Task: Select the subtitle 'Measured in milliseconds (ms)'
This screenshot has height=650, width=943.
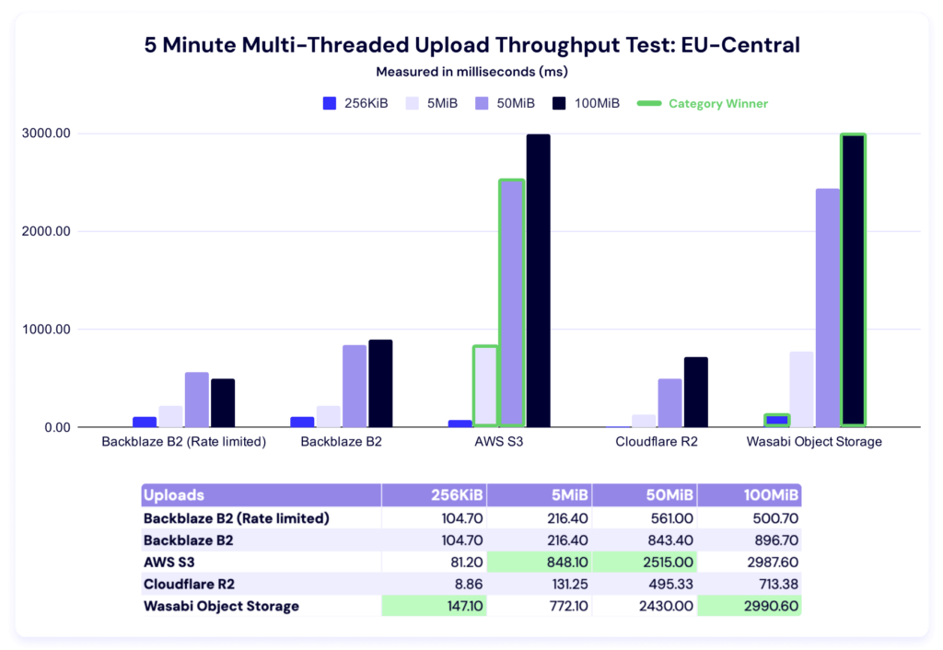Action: [x=471, y=72]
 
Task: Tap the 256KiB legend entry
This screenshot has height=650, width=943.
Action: [x=355, y=104]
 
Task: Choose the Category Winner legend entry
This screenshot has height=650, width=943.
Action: [x=704, y=104]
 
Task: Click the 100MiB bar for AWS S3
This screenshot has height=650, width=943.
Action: [x=538, y=281]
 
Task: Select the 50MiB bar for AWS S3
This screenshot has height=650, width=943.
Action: [x=511, y=304]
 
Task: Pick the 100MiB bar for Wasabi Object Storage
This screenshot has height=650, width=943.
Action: [x=853, y=281]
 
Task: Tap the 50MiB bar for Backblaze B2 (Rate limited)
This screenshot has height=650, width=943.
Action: [x=197, y=400]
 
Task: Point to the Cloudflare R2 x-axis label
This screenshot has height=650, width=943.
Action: [x=657, y=442]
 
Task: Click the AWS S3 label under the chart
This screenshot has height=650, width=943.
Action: [x=499, y=442]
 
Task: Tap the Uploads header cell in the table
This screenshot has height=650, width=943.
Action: [x=174, y=495]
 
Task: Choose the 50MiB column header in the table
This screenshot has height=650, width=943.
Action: [x=645, y=495]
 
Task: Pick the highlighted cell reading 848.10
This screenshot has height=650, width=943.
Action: [x=540, y=562]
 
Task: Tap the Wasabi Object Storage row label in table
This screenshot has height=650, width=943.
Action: [x=221, y=606]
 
